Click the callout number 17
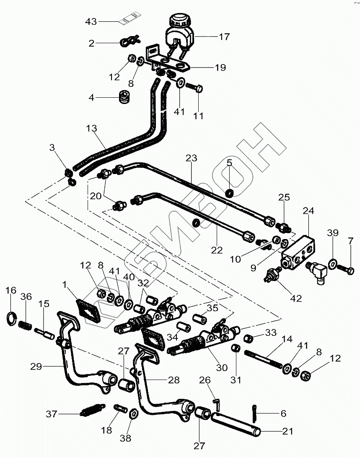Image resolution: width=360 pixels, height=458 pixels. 224,37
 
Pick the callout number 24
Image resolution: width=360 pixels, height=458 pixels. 308,211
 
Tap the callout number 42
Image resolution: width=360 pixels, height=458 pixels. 295,299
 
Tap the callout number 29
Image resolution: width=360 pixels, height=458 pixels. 36,367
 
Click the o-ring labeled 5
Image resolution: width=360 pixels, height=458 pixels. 229,193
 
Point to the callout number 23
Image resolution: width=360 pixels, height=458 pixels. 191,159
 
